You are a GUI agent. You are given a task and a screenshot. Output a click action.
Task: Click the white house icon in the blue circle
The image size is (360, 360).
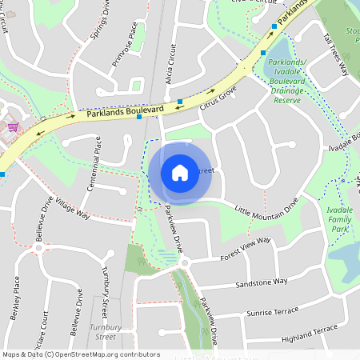click(x=180, y=172)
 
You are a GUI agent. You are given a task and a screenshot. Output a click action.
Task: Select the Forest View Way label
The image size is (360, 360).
click(x=245, y=254)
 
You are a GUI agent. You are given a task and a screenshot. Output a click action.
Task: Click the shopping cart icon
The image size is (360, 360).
click(x=11, y=126)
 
